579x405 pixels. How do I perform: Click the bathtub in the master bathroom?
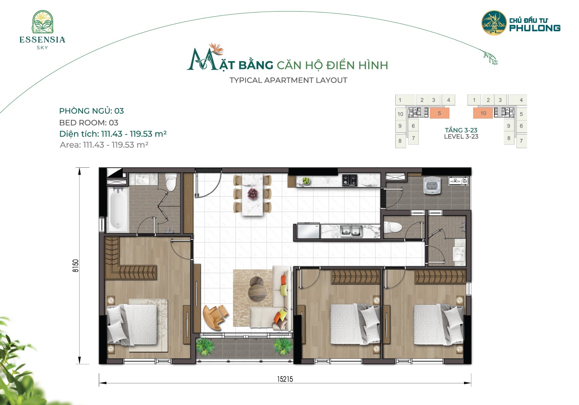[118, 209]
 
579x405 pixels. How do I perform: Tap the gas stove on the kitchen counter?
[350, 180]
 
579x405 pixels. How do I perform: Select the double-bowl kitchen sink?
[351, 231]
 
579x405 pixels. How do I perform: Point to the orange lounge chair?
[215, 317]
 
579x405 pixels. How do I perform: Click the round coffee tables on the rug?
[257, 289]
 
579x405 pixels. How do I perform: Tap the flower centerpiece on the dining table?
[252, 193]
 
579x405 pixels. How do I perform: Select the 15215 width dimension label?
[285, 379]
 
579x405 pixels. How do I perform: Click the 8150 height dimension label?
[75, 265]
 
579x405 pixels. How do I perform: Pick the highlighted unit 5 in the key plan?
[439, 113]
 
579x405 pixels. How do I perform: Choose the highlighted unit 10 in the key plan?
[483, 113]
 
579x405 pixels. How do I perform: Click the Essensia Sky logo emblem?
[42, 22]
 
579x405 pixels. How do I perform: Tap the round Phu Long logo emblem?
[494, 22]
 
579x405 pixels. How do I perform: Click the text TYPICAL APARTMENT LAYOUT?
[288, 80]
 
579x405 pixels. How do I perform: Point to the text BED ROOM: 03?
[89, 123]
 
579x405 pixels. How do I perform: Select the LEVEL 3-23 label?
[461, 137]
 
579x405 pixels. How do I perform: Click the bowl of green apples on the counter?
[306, 181]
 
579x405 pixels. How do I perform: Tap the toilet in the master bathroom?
[171, 182]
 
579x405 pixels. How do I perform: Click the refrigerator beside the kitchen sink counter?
[308, 231]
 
